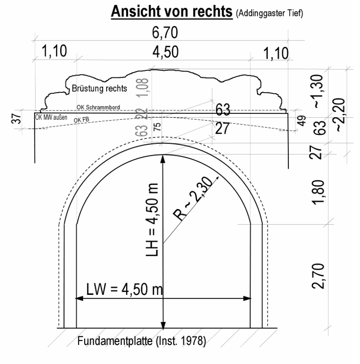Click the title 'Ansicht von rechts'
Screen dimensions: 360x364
pos(172,12)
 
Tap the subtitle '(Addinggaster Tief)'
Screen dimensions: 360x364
pos(269,13)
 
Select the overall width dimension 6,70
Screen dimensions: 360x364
pos(165,32)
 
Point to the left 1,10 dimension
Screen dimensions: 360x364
pos(54,51)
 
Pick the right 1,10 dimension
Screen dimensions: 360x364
pos(276,53)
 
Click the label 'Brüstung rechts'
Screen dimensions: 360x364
pos(99,88)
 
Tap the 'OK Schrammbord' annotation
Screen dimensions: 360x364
pos(98,107)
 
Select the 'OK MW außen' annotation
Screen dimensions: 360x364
pos(51,117)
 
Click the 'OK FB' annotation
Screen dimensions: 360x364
pos(82,120)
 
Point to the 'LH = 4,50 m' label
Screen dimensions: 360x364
pos(152,220)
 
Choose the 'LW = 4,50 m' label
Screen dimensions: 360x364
pos(125,289)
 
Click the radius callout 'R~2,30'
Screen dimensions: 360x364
pos(193,198)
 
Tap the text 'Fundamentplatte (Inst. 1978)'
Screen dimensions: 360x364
pos(142,341)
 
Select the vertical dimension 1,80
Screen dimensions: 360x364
pos(318,193)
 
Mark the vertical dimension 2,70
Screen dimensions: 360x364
pos(318,276)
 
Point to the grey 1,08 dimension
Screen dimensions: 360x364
pos(143,88)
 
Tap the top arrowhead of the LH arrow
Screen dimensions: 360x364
pos(163,159)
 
